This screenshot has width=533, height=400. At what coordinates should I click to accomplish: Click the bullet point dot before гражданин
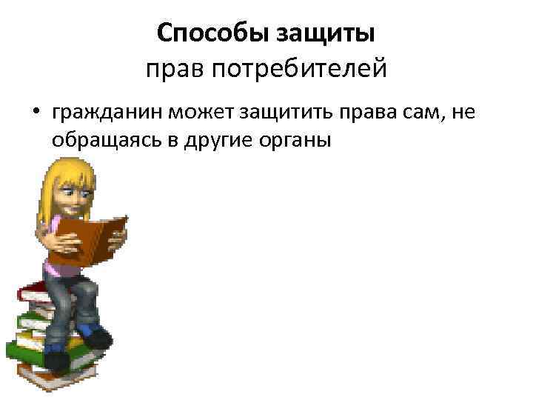(x=35, y=112)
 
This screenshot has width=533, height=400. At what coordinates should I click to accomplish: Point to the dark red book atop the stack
(x=33, y=287)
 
